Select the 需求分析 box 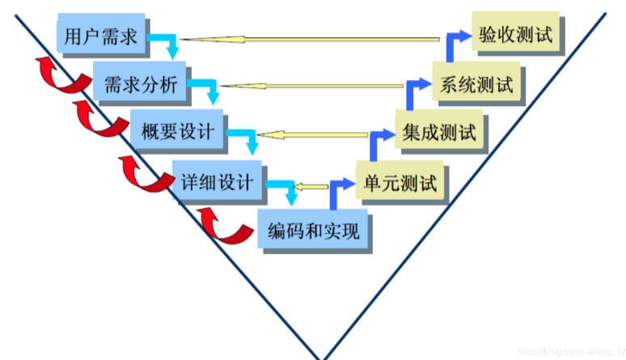click(x=139, y=83)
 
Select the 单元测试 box click(x=400, y=181)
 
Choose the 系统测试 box click(x=476, y=83)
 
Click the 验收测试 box click(x=515, y=36)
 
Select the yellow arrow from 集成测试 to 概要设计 click(x=324, y=134)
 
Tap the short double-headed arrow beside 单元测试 click(x=309, y=187)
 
